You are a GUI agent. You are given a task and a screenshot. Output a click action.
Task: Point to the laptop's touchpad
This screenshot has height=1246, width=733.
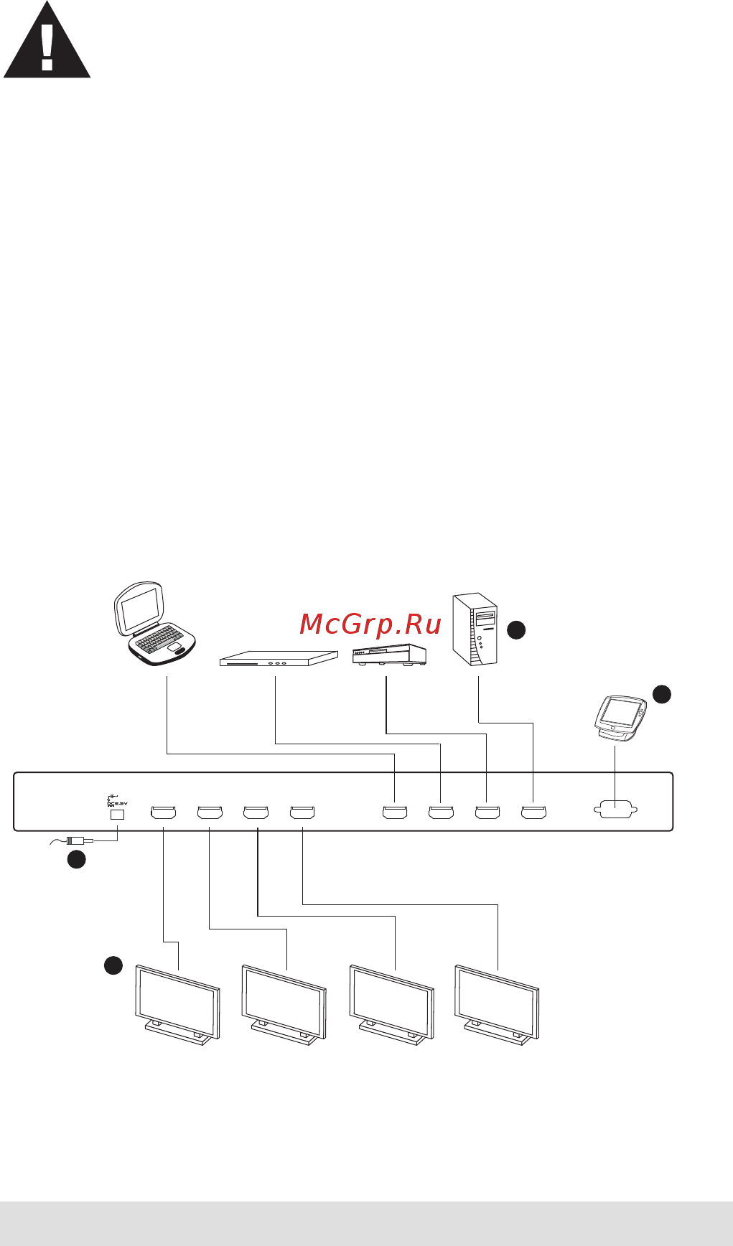tap(176, 647)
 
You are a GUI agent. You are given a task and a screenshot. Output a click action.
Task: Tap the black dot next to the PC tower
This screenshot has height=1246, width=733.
tap(516, 630)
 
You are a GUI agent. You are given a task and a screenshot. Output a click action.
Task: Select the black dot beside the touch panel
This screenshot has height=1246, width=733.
tap(661, 693)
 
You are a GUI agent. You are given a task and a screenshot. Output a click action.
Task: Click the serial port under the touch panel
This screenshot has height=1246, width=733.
tap(616, 810)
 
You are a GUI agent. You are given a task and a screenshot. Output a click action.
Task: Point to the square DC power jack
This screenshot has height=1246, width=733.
tap(116, 815)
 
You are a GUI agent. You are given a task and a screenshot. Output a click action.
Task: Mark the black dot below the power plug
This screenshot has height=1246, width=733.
tap(77, 860)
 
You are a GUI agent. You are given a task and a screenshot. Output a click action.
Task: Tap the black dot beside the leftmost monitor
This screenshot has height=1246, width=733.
tap(113, 965)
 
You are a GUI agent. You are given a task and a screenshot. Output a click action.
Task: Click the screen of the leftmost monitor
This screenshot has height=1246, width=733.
tap(177, 999)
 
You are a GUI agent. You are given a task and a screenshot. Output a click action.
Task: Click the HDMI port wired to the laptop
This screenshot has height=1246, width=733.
tap(395, 812)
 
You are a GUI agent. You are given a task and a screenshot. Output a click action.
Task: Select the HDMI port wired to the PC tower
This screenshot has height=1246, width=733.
tap(533, 812)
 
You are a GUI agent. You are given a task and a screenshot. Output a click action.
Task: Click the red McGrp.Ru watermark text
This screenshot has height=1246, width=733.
tap(370, 624)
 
